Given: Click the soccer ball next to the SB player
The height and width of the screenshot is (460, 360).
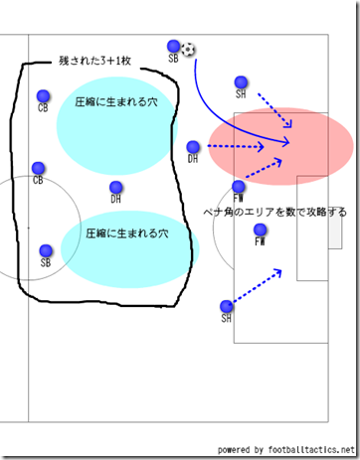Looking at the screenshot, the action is click(x=189, y=49).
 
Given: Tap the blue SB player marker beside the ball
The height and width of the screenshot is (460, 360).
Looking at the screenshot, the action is click(x=174, y=46).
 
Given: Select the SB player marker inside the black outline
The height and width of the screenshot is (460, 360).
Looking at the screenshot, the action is click(x=45, y=250).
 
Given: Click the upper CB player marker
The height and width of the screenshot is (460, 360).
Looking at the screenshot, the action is click(x=42, y=95).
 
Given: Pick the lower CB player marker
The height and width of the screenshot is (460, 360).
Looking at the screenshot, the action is click(x=38, y=167).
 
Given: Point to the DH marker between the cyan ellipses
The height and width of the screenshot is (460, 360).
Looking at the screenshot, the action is click(x=116, y=187).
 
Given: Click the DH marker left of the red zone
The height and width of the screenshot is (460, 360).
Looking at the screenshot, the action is click(x=194, y=147).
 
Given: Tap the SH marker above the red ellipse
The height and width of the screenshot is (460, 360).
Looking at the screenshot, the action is click(x=240, y=81).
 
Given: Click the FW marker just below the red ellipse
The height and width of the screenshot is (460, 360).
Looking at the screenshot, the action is click(x=239, y=186).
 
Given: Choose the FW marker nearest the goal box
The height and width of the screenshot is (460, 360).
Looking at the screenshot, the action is click(x=260, y=230).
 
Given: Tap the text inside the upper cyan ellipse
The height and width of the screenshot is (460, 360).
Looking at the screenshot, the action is click(x=115, y=102).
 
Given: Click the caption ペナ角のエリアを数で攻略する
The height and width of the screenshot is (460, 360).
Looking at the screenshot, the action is click(x=275, y=212).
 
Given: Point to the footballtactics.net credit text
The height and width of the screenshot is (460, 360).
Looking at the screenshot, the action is click(x=284, y=449).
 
